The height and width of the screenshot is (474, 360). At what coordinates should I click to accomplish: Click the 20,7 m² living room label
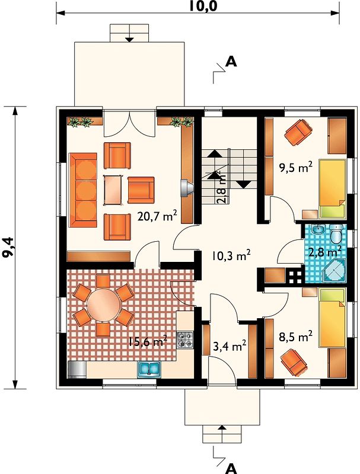pyautogui.click(x=157, y=216)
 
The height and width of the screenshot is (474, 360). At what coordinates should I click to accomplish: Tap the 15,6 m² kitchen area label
pyautogui.click(x=147, y=342)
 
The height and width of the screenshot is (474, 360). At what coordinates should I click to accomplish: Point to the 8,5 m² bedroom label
pyautogui.click(x=295, y=337)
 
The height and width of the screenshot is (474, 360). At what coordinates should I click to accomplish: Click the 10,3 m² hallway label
pyautogui.click(x=231, y=256)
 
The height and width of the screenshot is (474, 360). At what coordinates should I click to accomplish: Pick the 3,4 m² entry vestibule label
pyautogui.click(x=230, y=347)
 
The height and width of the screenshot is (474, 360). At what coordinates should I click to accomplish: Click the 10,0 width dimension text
pyautogui.click(x=203, y=7)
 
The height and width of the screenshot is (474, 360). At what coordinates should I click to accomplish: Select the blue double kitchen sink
pyautogui.click(x=149, y=369)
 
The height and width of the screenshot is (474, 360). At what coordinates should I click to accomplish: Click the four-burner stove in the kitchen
pyautogui.click(x=184, y=340)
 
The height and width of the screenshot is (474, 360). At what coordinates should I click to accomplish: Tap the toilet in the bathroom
pyautogui.click(x=336, y=233)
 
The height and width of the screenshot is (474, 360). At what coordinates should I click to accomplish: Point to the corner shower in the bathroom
pyautogui.click(x=334, y=270)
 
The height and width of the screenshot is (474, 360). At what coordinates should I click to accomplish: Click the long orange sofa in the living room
pyautogui.click(x=82, y=190)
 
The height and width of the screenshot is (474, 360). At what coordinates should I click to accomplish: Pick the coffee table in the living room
pyautogui.click(x=113, y=190)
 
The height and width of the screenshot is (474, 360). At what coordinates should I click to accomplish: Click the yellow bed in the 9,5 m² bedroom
pyautogui.click(x=333, y=188)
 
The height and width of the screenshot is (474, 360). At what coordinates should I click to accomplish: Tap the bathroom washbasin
pyautogui.click(x=317, y=230)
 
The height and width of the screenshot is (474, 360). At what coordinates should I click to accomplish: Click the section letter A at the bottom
pyautogui.click(x=231, y=468)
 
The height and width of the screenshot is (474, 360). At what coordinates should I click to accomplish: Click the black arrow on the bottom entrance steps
pyautogui.click(x=222, y=427)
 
